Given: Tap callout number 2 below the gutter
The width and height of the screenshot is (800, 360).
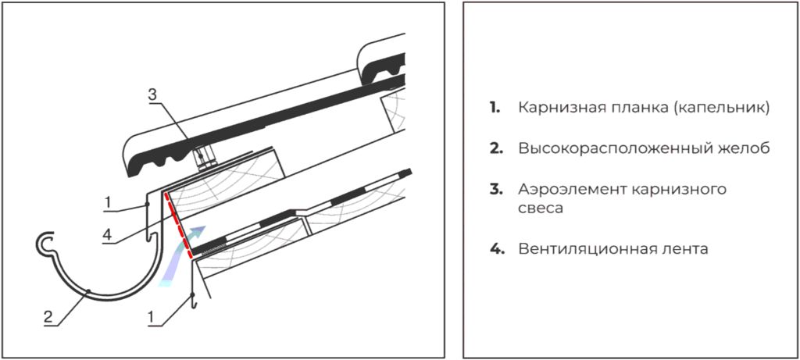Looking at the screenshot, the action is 48,316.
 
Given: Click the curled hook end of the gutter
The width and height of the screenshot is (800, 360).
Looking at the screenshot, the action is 45,244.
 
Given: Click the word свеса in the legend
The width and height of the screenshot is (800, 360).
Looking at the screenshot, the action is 541,209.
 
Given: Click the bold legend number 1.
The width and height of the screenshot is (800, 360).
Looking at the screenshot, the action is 494,108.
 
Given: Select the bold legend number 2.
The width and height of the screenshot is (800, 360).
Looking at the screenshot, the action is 495,149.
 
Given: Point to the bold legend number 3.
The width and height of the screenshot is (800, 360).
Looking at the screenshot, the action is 495,190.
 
